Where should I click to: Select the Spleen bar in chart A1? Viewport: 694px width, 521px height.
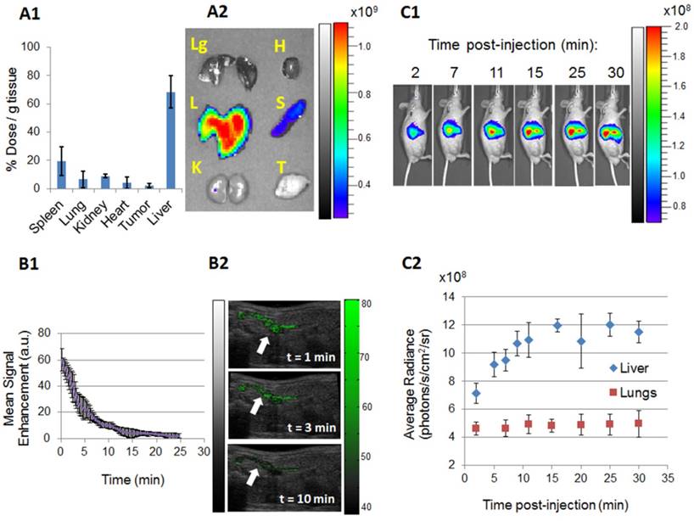[62, 174]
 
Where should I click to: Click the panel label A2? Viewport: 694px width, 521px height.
[221, 12]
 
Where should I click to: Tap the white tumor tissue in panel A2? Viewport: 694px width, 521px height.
[290, 182]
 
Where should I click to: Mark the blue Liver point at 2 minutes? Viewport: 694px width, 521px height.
[477, 394]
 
